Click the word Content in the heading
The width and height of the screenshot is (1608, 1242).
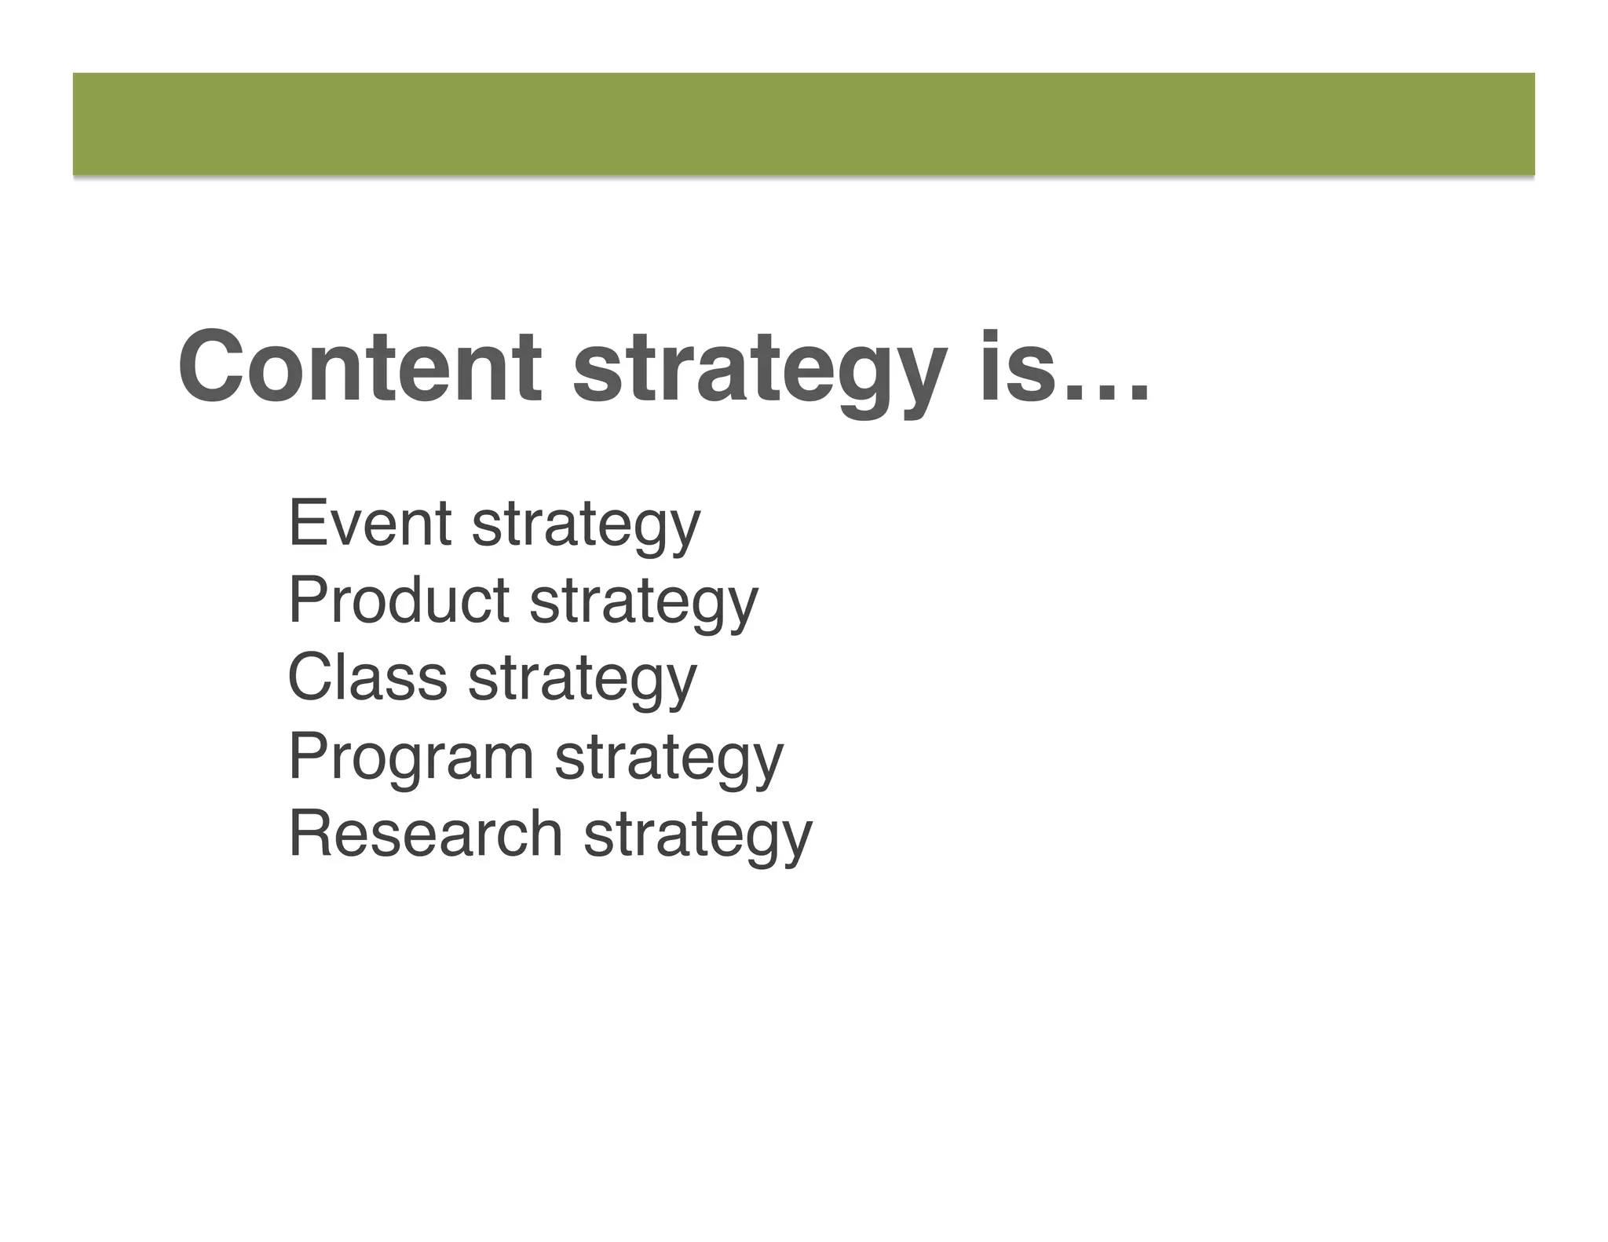point(360,367)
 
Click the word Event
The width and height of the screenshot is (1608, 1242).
point(370,523)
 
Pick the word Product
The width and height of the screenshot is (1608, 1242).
point(399,600)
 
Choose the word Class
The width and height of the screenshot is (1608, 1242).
point(367,678)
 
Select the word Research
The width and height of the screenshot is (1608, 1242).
point(426,833)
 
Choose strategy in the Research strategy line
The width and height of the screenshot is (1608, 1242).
point(698,838)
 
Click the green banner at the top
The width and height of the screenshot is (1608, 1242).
point(803,124)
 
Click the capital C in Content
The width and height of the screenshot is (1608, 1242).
point(208,367)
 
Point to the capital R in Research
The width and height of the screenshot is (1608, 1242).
point(307,833)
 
